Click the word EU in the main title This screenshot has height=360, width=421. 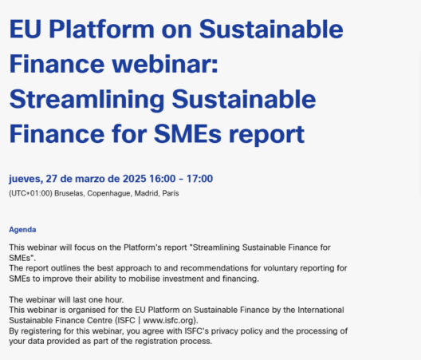26,29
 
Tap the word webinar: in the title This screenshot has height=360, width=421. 165,64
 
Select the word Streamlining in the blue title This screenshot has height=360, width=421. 87,100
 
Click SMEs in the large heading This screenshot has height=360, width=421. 187,134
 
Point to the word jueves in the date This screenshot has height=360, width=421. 26,179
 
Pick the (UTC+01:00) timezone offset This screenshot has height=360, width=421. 30,193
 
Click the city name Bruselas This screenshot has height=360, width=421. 69,193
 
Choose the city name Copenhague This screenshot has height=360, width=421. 109,194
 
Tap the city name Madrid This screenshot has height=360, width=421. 148,193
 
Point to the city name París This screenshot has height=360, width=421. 171,193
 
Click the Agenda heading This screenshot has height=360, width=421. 22,230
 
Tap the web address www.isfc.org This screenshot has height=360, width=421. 168,320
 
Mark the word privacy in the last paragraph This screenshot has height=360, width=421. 225,331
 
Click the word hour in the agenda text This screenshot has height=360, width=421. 114,299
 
